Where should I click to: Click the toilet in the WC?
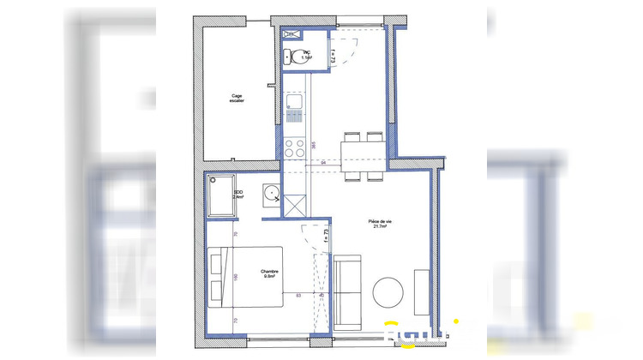pos(297,58)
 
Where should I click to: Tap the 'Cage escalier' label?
pos(237,99)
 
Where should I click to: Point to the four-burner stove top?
pos(294,147)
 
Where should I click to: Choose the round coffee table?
pos(391,292)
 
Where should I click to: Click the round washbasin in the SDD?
pos(271,193)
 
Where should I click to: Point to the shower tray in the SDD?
pos(220,197)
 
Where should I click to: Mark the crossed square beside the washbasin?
pos(297,206)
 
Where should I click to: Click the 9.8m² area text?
pos(271,277)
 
